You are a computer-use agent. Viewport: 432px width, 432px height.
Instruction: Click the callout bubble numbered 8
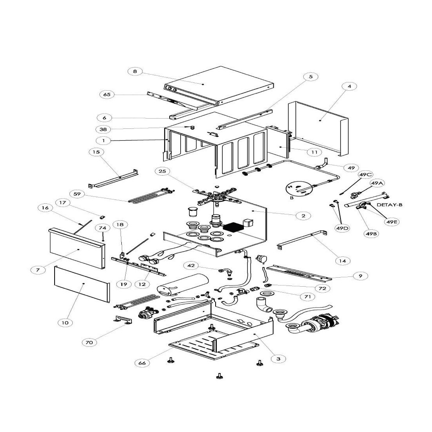(135, 71)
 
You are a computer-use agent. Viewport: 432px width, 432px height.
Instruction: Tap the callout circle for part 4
(349, 86)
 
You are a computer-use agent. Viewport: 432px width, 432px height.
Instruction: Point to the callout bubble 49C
(365, 174)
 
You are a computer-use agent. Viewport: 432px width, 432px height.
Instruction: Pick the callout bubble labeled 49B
(372, 234)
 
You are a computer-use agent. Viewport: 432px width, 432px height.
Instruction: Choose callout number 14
(342, 260)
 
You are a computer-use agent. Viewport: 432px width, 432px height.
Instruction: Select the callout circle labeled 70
(90, 342)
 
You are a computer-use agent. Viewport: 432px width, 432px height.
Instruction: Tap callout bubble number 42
(191, 266)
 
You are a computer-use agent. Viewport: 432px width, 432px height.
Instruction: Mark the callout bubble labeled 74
(103, 228)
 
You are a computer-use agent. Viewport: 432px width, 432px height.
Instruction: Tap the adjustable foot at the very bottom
(219, 377)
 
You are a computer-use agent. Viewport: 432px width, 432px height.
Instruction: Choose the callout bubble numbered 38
(103, 129)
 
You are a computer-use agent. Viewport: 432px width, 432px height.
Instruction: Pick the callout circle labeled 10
(65, 323)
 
